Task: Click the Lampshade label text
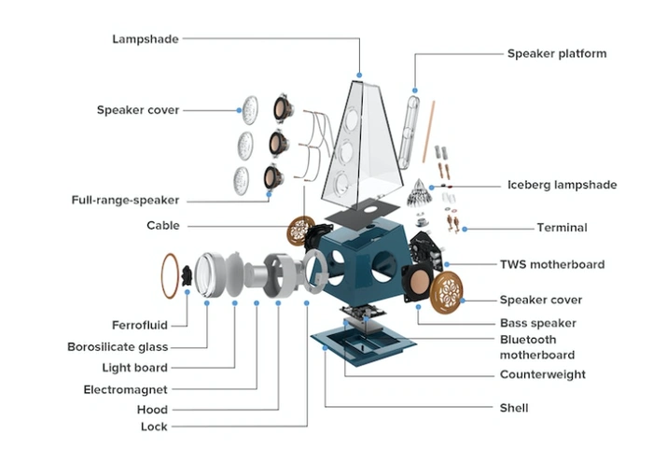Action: [x=145, y=39]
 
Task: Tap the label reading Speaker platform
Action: [x=557, y=53]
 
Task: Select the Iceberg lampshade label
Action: [x=562, y=185]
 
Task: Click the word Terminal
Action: [x=561, y=228]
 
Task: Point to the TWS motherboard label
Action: [x=552, y=264]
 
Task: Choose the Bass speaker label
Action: [x=539, y=322]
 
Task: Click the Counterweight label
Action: [x=543, y=374]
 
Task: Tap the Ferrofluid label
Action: [x=140, y=326]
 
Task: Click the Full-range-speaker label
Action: [x=125, y=200]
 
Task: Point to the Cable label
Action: [x=163, y=226]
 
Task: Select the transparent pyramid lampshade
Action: [x=359, y=140]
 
